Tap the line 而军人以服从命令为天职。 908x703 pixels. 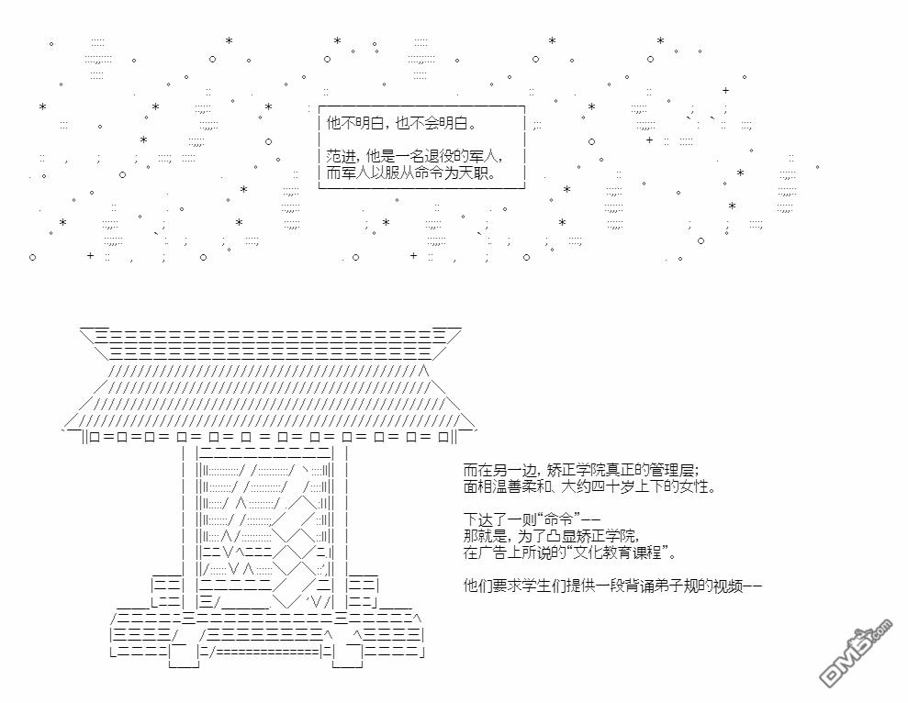(x=410, y=173)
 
